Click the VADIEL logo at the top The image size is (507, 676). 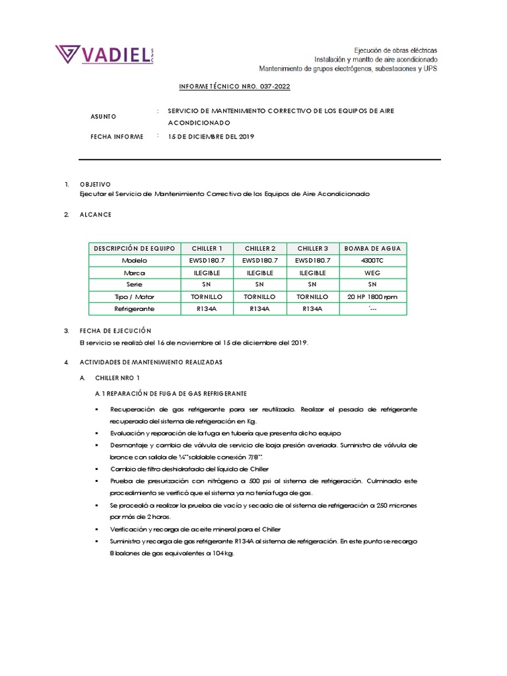pos(104,55)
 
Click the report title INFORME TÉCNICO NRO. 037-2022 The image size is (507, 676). pos(234,86)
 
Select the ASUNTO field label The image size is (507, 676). pos(103,117)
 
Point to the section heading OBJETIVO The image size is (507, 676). pos(95,184)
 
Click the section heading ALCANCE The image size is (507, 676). pos(96,215)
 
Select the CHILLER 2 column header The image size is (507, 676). pos(260,248)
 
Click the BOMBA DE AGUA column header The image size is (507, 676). pos(373,248)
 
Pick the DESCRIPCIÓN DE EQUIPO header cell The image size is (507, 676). pos(135,248)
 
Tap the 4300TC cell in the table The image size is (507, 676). pos(373,260)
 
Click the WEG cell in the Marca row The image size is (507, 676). pos(373,273)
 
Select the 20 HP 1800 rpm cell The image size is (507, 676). pos(373,297)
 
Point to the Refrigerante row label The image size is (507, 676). pos(135,309)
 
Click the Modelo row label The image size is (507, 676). pos(135,260)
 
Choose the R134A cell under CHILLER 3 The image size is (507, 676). pos(313,309)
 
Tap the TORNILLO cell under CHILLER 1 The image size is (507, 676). pos(207,297)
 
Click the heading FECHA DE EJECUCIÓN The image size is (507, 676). pos(116,330)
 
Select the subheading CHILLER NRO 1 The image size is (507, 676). pos(118,378)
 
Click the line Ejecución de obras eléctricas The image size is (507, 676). pos(395,50)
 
